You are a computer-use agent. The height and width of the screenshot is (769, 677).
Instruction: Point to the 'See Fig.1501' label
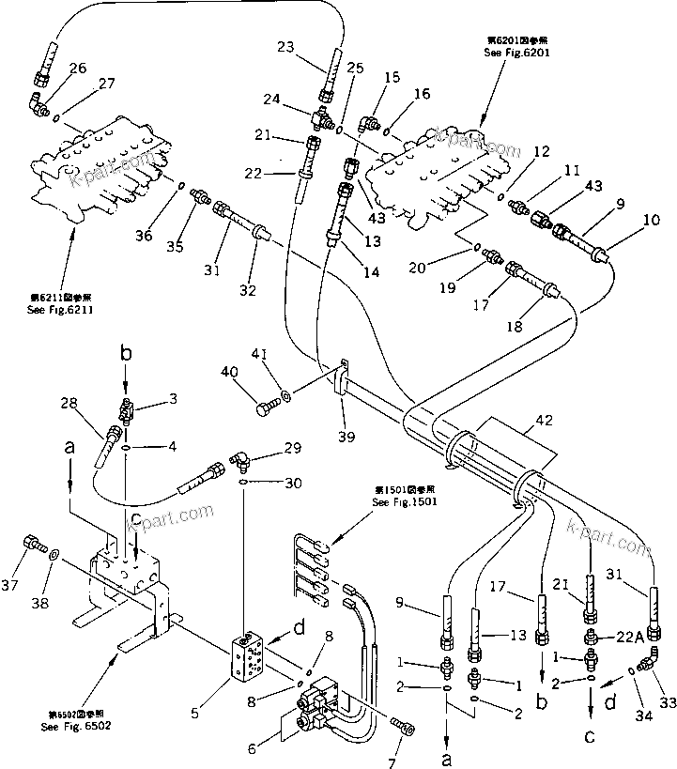click(403, 502)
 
